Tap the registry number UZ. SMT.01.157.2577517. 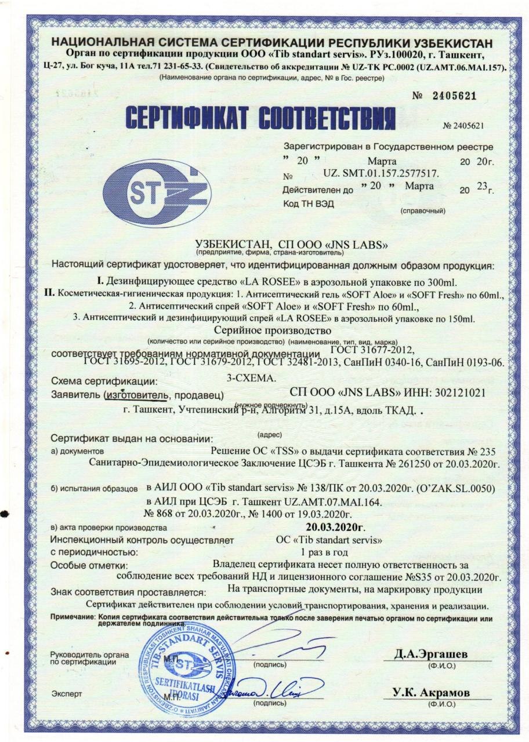coord(381,174)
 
